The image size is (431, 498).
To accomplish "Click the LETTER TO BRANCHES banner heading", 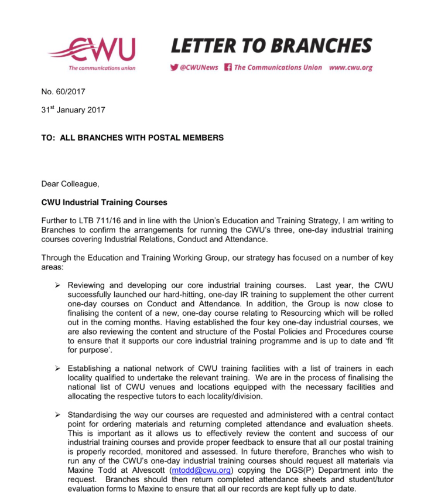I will (271, 46).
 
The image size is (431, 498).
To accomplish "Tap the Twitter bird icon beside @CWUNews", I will (174, 67).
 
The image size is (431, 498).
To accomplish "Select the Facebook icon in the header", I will (228, 67).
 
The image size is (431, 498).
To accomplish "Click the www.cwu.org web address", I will (350, 67).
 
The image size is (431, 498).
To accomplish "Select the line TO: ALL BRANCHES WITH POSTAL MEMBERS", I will (132, 138).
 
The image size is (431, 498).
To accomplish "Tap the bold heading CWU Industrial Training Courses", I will (104, 203).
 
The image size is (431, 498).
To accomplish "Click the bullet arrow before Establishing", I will (57, 368).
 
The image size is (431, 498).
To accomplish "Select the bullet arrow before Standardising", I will (57, 415).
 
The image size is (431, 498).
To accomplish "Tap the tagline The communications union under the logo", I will (102, 68).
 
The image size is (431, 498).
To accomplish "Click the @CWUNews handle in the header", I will (199, 67).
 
